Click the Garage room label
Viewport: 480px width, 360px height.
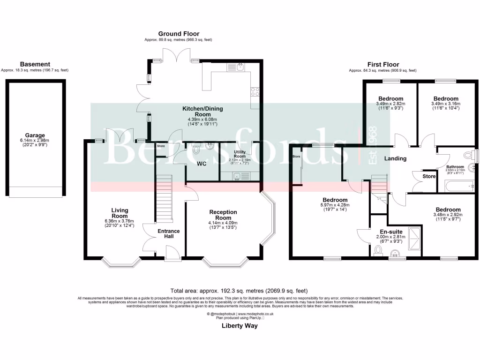[x=36, y=133]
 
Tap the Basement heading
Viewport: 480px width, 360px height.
[x=35, y=64]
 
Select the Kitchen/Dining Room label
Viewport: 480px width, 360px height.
[x=202, y=112]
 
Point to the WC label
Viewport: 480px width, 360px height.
[x=202, y=164]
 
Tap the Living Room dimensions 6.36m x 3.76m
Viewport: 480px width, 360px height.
[x=120, y=221]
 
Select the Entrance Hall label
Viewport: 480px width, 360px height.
[x=168, y=234]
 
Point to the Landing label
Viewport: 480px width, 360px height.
[x=395, y=158]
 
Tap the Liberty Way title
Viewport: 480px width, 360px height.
[x=240, y=326]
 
